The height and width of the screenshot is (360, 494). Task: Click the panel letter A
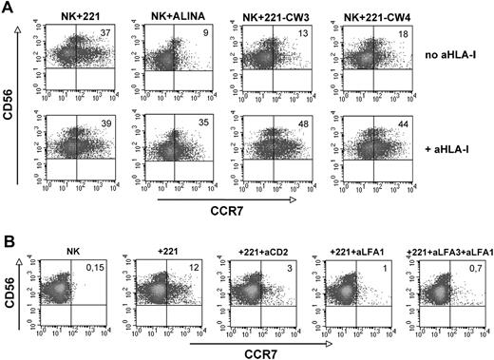point(8,8)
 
